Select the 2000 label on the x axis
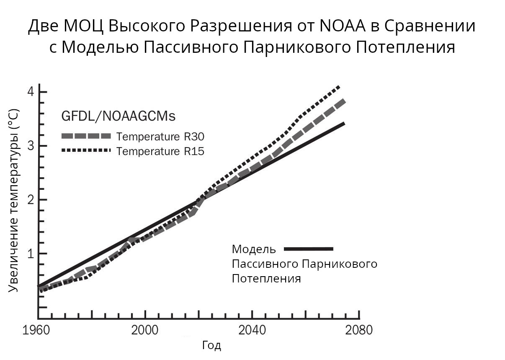tap(145, 330)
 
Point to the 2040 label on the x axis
tap(252, 330)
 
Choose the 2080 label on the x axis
tap(358, 330)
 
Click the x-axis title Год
tap(211, 346)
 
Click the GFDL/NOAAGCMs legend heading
tap(119, 116)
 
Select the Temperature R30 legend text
tap(160, 137)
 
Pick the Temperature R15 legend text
tap(160, 151)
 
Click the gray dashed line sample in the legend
tap(87, 136)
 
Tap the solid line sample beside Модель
tap(309, 249)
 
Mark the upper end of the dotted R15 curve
tap(339, 87)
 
